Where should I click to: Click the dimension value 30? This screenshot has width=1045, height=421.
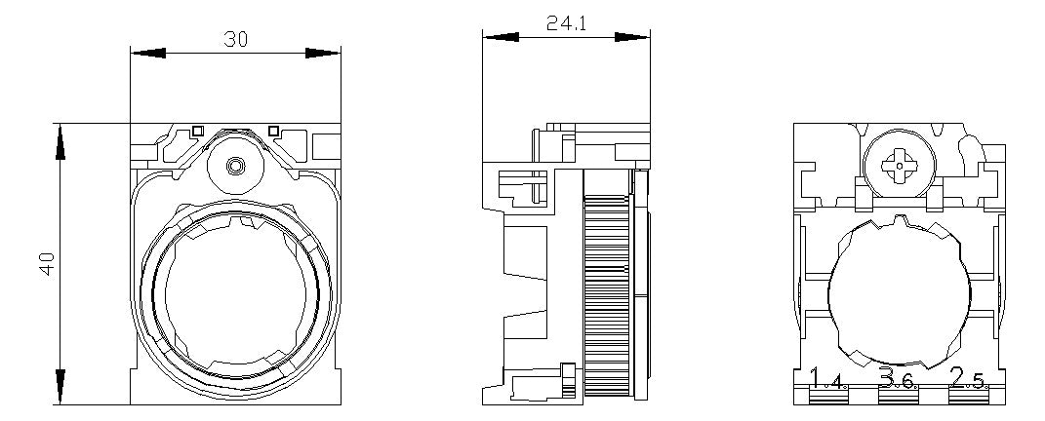(x=235, y=40)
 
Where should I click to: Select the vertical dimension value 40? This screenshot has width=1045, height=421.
(x=47, y=265)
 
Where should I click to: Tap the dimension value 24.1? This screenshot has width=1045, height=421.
(x=567, y=24)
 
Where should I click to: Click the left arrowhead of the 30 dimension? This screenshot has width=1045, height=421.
(x=148, y=53)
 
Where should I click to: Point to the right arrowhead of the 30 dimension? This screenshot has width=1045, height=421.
(x=323, y=53)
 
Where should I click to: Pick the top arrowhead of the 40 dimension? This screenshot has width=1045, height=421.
(x=60, y=141)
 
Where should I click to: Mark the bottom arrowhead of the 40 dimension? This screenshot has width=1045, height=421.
(x=60, y=386)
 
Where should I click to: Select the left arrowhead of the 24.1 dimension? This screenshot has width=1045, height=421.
(x=501, y=37)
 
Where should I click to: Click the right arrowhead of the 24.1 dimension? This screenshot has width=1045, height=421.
(x=632, y=37)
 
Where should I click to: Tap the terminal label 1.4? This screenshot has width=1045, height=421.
(x=828, y=379)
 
